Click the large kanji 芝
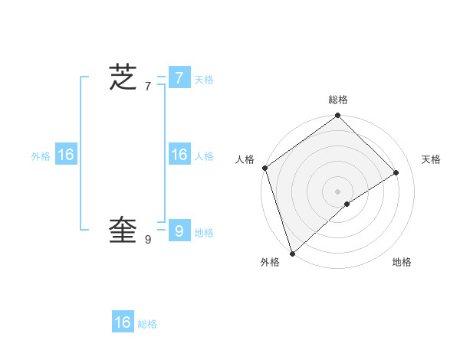coord(123,77)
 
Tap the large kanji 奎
coord(123,229)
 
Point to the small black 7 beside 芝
coord(147,87)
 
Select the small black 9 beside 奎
coord(147,240)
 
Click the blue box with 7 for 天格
coord(179,77)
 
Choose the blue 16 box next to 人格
coord(179,155)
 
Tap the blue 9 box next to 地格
coord(179,230)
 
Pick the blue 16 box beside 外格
coord(66,155)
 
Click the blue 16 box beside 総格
coord(123,322)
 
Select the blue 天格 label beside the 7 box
coord(204,80)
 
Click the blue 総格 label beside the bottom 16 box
coord(147,325)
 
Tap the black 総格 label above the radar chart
coord(338,100)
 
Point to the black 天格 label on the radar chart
coord(431,159)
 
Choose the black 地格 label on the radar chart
coord(402,263)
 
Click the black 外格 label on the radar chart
coord(270,263)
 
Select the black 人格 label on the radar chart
coord(245,159)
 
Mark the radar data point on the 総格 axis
coord(338,116)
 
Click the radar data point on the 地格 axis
coord(347,204)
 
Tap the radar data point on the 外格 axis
coord(292,253)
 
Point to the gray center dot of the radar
coord(338,191)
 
